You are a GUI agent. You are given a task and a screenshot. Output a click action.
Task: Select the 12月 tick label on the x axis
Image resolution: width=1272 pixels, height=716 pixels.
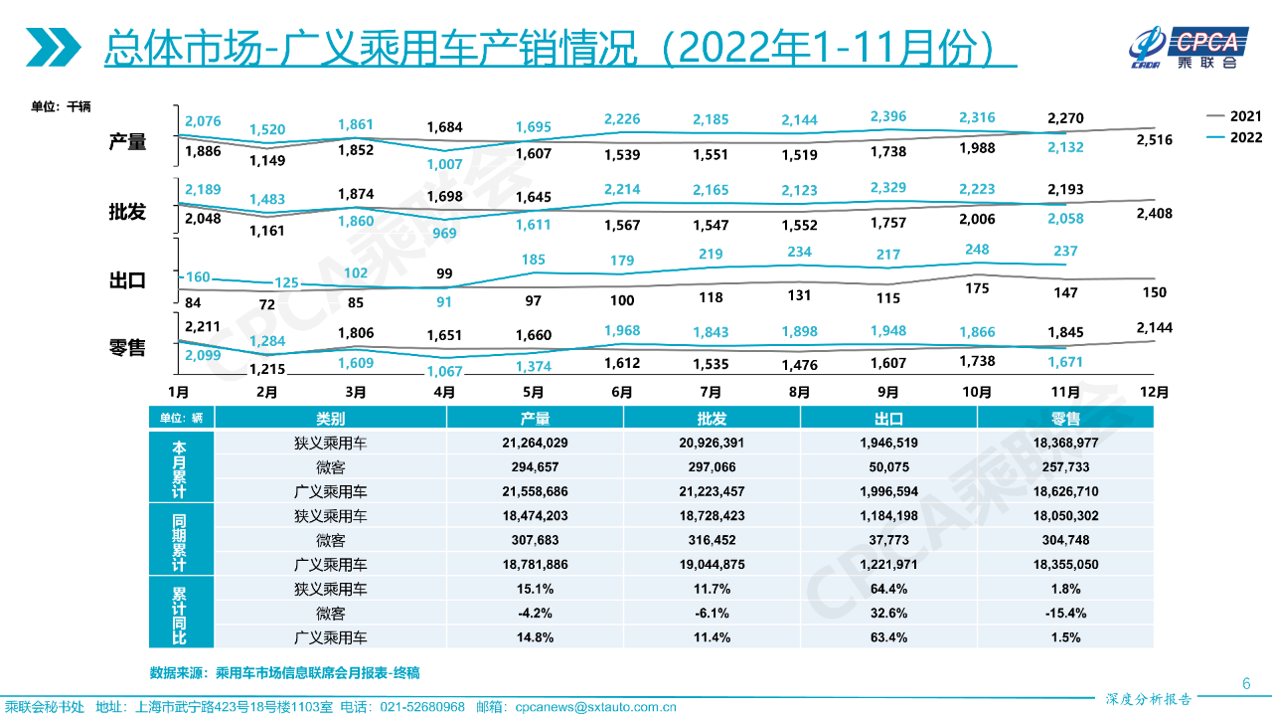pyautogui.click(x=1155, y=392)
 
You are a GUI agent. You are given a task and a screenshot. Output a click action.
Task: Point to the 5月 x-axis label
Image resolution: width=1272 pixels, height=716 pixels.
pyautogui.click(x=534, y=392)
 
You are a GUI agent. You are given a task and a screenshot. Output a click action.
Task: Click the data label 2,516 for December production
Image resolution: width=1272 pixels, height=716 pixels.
pyautogui.click(x=1154, y=140)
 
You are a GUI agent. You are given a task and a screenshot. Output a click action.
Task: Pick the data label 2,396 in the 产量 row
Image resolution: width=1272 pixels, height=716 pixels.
pyautogui.click(x=887, y=117)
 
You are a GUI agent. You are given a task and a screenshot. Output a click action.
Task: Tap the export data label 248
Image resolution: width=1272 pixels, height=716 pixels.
pyautogui.click(x=977, y=251)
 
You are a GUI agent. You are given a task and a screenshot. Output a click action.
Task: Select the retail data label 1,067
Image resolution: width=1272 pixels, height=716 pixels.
pyautogui.click(x=444, y=372)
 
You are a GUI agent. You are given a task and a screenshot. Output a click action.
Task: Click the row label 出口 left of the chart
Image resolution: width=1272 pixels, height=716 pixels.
pyautogui.click(x=127, y=280)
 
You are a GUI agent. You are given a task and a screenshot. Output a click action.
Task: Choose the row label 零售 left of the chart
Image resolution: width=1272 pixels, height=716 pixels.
pyautogui.click(x=127, y=347)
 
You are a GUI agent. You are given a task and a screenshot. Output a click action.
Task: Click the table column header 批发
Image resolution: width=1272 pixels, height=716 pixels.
pyautogui.click(x=713, y=419)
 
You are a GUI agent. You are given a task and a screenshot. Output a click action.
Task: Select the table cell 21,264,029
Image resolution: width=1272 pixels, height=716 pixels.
pyautogui.click(x=535, y=444)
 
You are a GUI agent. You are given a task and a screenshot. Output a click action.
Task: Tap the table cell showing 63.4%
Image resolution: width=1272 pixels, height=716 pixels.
pyautogui.click(x=888, y=637)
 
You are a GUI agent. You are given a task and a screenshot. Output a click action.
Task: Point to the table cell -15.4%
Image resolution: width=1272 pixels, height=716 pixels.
pyautogui.click(x=1065, y=614)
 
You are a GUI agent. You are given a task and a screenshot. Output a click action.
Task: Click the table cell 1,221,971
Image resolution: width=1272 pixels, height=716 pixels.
pyautogui.click(x=888, y=565)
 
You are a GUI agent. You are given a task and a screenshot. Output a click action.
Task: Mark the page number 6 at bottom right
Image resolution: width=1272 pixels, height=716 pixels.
pyautogui.click(x=1246, y=683)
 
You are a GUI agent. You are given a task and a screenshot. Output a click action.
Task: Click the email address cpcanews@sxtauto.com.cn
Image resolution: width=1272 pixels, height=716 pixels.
pyautogui.click(x=596, y=707)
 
